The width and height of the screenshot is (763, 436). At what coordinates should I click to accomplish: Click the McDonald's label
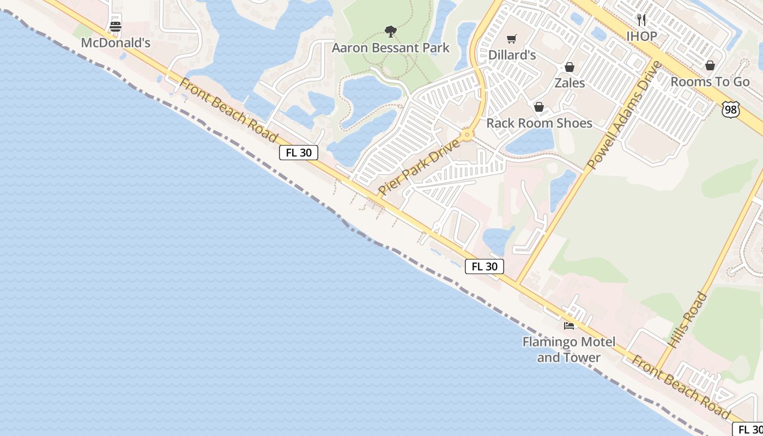click(116, 43)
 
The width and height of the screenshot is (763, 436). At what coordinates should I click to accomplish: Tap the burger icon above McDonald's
click(116, 26)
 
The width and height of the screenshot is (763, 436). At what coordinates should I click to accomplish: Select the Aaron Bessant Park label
click(391, 48)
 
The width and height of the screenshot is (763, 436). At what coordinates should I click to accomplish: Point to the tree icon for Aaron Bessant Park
click(390, 32)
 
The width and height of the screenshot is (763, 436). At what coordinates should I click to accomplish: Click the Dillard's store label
click(512, 55)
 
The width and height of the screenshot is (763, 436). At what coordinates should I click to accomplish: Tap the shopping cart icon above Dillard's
click(511, 39)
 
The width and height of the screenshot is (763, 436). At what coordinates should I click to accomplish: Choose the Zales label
click(570, 83)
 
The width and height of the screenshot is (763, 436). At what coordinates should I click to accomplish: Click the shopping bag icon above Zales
click(570, 67)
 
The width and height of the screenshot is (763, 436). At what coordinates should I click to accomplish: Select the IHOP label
click(641, 37)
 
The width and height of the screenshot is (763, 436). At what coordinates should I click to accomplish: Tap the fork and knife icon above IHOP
click(641, 20)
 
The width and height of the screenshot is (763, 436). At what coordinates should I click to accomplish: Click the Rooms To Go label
click(710, 82)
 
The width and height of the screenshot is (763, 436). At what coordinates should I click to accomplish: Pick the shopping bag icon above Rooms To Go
click(710, 66)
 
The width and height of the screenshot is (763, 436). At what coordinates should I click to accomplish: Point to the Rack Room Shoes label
click(539, 123)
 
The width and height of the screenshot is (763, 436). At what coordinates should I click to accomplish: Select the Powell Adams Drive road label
click(624, 114)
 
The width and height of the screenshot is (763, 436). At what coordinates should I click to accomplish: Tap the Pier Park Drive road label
click(419, 167)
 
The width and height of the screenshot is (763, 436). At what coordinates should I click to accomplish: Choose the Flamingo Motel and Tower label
click(569, 350)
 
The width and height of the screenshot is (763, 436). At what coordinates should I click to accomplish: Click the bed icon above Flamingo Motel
click(569, 326)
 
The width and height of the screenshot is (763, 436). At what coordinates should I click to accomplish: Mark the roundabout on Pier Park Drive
click(466, 134)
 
